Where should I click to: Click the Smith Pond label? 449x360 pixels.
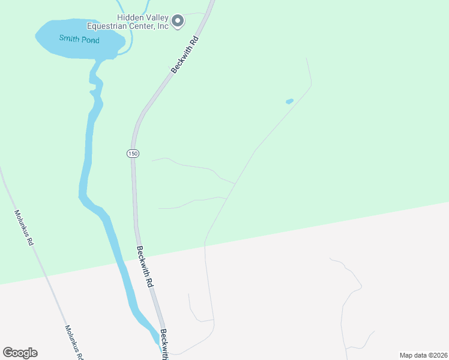79,39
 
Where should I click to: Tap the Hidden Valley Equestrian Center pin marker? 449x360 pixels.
178,22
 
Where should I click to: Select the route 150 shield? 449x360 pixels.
133,154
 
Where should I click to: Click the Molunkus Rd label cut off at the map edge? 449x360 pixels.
73,343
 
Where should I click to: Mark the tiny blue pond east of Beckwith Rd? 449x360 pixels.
289,101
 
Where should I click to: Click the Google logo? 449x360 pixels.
20,353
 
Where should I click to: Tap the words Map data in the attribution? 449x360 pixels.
412,355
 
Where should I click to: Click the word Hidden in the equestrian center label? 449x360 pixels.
113,17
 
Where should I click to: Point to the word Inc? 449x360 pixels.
161,26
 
